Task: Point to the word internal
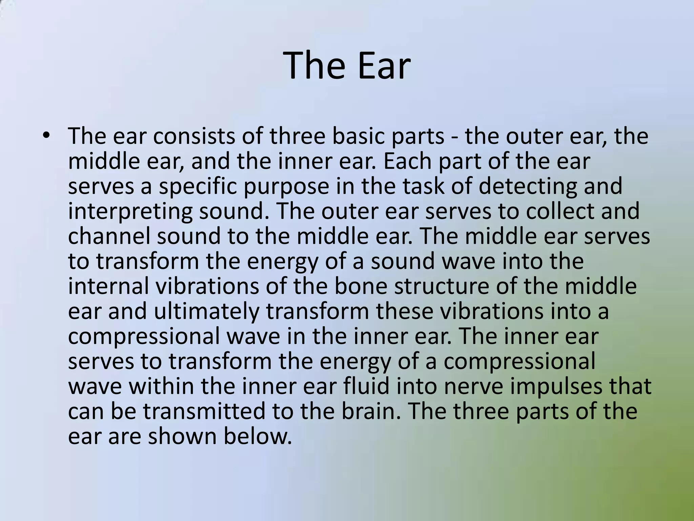[x=108, y=286]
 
